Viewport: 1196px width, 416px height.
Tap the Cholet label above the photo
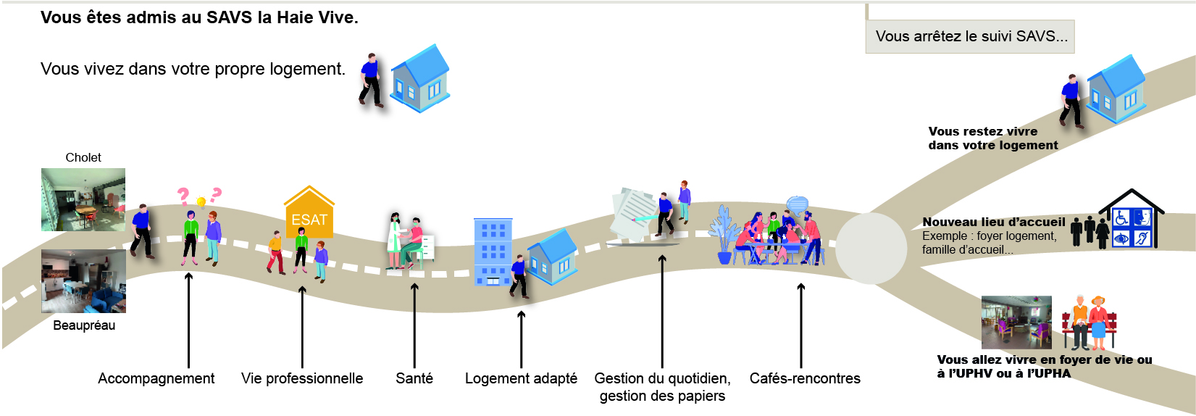pyautogui.click(x=83, y=157)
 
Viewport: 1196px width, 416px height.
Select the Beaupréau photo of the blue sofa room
pyautogui.click(x=84, y=281)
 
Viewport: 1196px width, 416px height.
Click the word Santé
pyautogui.click(x=414, y=378)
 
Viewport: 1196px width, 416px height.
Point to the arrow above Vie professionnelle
pyautogui.click(x=302, y=327)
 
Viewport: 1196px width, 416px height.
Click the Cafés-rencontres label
pyautogui.click(x=805, y=378)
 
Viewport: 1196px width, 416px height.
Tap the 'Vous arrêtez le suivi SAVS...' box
pyautogui.click(x=970, y=36)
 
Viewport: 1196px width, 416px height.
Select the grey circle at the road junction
pyautogui.click(x=871, y=249)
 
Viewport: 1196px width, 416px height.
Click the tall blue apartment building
pyautogui.click(x=493, y=251)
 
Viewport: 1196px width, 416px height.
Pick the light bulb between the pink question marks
pyautogui.click(x=201, y=202)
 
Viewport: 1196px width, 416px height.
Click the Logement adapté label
pyautogui.click(x=521, y=378)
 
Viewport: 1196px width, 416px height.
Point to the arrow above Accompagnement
pyautogui.click(x=188, y=320)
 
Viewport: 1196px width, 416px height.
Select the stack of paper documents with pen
pyautogui.click(x=635, y=216)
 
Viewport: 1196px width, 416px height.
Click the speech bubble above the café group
pyautogui.click(x=798, y=204)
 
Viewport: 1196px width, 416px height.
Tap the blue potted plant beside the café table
pyautogui.click(x=724, y=235)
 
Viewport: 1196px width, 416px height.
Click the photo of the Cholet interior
pyautogui.click(x=83, y=200)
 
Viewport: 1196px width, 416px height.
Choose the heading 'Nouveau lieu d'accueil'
pyautogui.click(x=994, y=222)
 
